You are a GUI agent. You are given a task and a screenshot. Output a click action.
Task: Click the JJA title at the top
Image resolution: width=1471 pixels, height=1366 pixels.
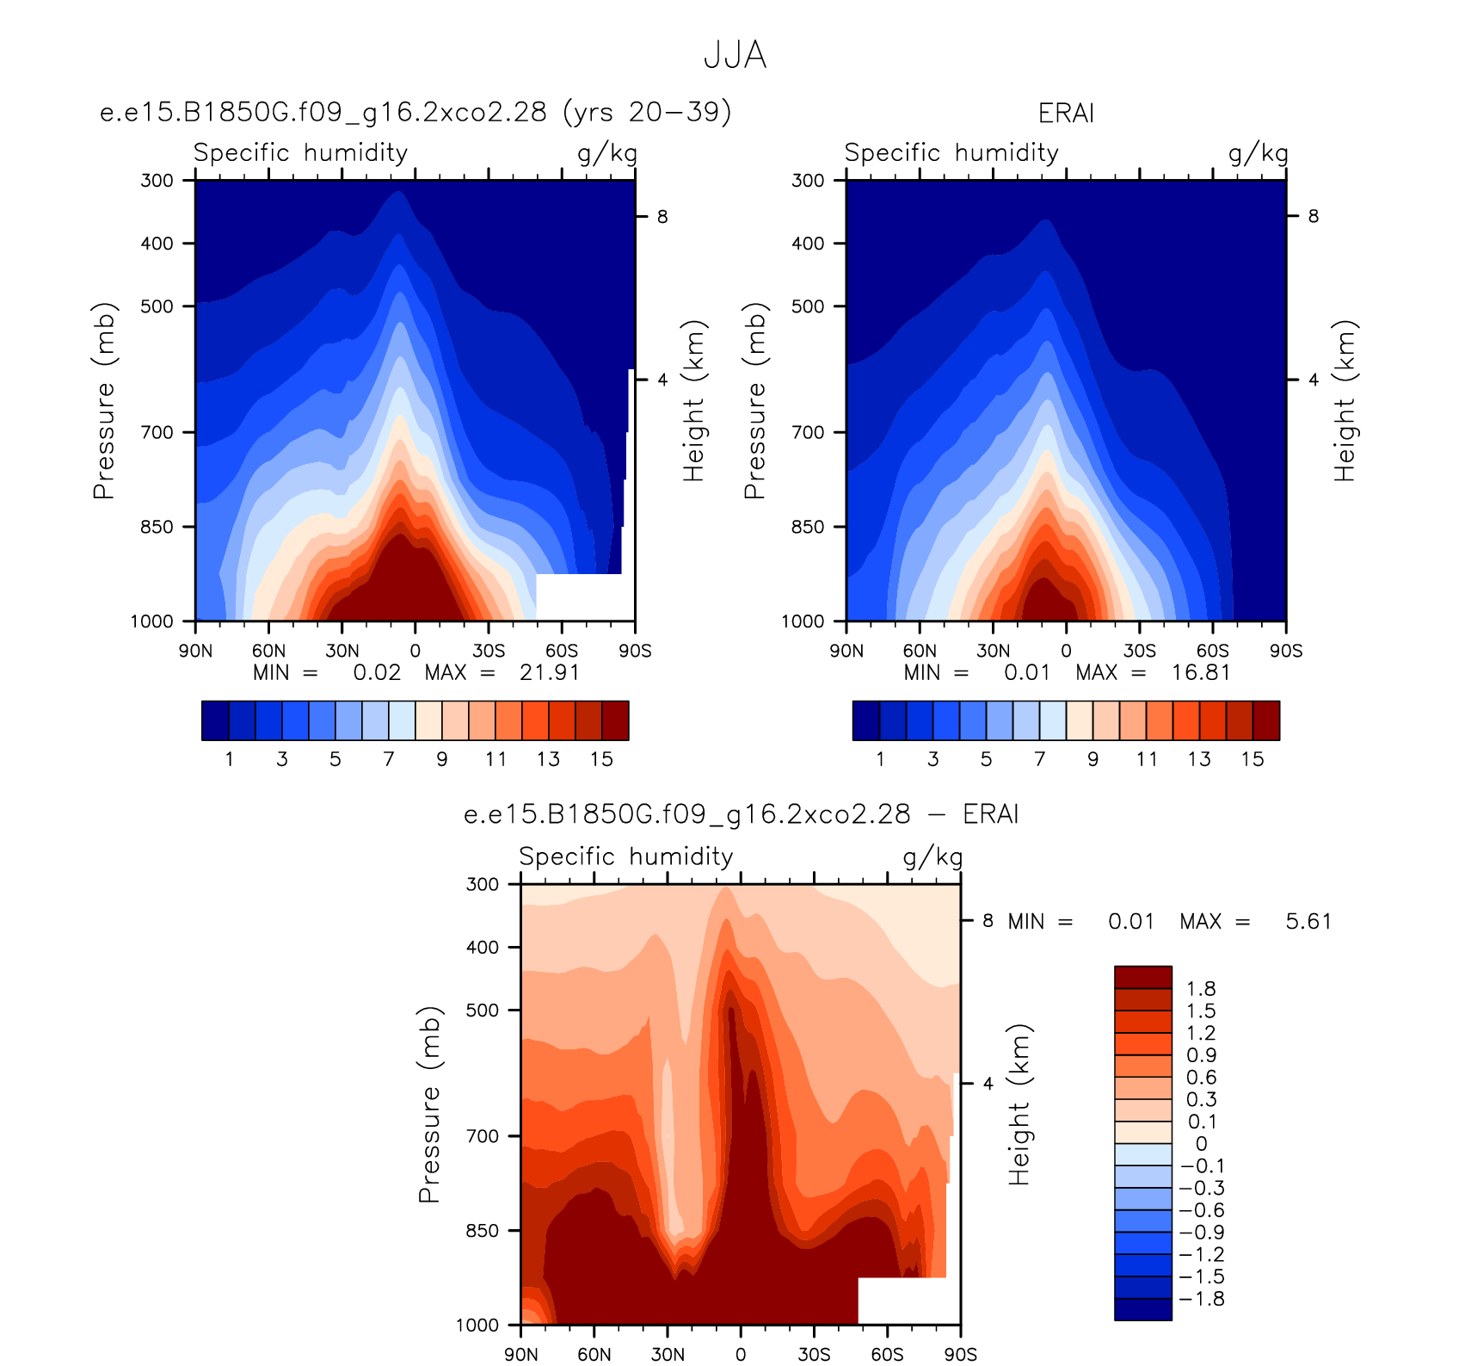735,55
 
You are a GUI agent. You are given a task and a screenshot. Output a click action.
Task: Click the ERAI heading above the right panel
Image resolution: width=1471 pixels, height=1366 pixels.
1066,114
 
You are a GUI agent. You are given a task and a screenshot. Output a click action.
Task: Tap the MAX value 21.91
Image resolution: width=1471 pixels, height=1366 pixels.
550,672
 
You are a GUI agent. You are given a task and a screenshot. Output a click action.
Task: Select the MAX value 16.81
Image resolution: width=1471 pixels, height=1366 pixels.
1201,672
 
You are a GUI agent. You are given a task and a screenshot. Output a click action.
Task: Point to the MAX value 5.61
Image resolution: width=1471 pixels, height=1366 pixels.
1308,921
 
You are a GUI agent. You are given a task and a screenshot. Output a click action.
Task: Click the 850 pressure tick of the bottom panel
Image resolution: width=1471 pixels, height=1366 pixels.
482,1231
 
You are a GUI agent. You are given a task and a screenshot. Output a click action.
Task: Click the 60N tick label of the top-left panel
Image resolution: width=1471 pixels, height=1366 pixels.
268,651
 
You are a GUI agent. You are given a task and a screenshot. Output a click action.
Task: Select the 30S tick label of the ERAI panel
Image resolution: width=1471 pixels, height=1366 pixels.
1139,651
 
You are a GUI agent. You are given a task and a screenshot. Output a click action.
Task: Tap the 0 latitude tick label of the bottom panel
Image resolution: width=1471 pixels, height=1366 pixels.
741,1355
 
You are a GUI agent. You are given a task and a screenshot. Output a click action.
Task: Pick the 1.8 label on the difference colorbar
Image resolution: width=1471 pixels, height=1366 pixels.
1201,989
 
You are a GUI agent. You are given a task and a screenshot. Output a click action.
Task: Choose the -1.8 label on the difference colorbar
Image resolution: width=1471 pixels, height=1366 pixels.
1202,1299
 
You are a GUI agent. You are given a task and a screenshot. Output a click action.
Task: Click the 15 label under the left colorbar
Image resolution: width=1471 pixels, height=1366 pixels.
601,759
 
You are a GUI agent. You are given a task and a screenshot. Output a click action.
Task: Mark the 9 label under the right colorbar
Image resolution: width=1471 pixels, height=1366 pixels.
1092,759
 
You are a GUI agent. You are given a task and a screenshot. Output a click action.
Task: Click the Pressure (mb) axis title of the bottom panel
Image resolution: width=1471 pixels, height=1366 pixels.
429,1104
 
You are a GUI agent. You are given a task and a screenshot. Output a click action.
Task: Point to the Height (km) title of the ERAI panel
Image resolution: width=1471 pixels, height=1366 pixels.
1345,400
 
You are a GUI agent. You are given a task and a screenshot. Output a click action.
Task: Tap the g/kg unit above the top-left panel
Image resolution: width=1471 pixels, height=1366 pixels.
607,154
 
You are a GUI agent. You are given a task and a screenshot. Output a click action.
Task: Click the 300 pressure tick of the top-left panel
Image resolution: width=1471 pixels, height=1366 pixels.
157,180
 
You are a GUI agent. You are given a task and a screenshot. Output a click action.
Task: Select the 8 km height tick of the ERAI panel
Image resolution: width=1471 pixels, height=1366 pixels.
1313,216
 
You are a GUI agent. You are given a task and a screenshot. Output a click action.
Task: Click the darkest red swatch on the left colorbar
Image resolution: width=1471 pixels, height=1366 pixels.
615,720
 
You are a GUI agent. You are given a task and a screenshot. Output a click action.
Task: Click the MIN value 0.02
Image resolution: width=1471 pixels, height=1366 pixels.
377,672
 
